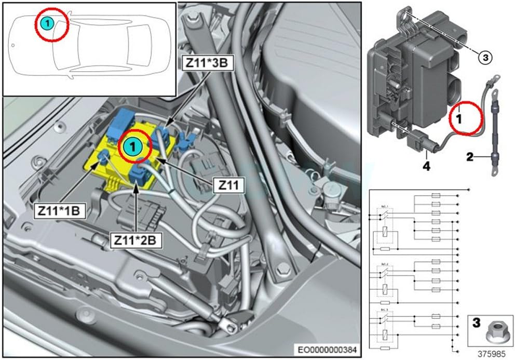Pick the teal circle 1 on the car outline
tap(47, 23)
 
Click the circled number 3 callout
tap(484, 58)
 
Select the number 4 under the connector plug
tap(426, 168)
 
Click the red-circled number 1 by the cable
tap(459, 118)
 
